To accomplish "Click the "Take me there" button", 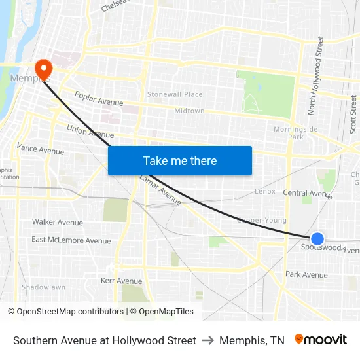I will pyautogui.click(x=180, y=160).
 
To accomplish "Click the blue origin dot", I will pyautogui.click(x=317, y=239).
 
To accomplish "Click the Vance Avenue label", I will pyautogui.click(x=41, y=150).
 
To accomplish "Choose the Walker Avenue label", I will pyautogui.click(x=58, y=222).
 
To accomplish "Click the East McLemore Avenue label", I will pyautogui.click(x=71, y=240).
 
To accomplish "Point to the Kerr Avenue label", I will pyautogui.click(x=121, y=281).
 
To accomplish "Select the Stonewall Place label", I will pyautogui.click(x=175, y=94).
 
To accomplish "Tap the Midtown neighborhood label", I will pyautogui.click(x=189, y=111).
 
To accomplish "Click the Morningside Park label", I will pyautogui.click(x=296, y=133).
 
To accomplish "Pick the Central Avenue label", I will pyautogui.click(x=307, y=193).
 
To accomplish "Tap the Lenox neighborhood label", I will pyautogui.click(x=265, y=192).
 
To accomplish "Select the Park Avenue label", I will pyautogui.click(x=306, y=274).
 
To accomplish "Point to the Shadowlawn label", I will pyautogui.click(x=43, y=287).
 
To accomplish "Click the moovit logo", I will pyautogui.click(x=321, y=340).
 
